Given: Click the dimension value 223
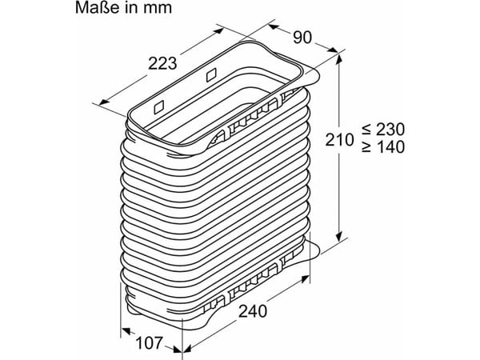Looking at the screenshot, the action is (x=162, y=64).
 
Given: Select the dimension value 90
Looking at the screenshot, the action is (x=302, y=38).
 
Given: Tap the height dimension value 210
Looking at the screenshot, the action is (x=339, y=140).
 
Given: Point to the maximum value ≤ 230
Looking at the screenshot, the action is (x=383, y=129).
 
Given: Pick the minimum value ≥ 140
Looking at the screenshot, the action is (x=383, y=147).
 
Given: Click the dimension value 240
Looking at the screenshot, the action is (x=253, y=312).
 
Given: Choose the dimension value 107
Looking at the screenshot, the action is (x=149, y=343).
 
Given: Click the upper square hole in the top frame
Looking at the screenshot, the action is (x=211, y=74).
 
